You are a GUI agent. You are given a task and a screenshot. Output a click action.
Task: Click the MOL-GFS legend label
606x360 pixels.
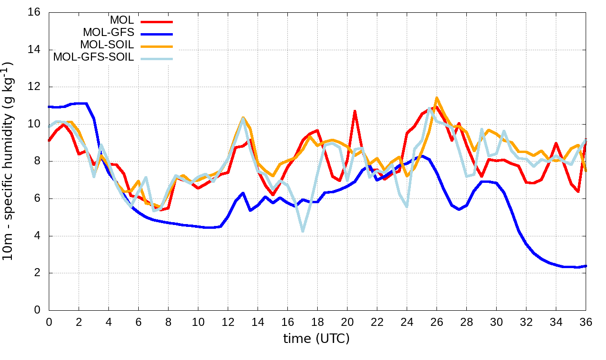(108, 33)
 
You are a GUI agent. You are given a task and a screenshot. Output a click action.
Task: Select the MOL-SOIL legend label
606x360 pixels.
(107, 45)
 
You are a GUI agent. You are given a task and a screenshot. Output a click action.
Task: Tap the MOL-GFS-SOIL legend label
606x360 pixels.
(94, 57)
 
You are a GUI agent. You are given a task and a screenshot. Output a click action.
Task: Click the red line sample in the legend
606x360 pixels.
(157, 21)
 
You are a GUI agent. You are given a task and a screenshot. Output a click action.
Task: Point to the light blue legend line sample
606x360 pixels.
(157, 59)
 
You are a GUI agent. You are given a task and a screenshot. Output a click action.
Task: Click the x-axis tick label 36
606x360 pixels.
(586, 322)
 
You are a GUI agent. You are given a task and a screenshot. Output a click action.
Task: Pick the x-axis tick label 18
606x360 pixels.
(317, 322)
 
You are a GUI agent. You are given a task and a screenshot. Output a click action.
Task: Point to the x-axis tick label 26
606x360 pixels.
(437, 322)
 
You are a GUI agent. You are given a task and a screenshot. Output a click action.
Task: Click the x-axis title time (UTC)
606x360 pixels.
(316, 339)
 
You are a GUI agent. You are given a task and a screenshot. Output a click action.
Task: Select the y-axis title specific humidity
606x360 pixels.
(10, 161)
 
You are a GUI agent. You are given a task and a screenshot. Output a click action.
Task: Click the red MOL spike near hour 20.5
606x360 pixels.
(355, 111)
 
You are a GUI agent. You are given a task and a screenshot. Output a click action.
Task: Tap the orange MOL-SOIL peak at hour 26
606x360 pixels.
(437, 98)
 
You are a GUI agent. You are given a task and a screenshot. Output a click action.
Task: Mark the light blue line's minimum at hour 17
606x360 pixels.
(303, 231)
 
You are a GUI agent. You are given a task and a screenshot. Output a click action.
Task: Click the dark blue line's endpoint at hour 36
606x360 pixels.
(586, 266)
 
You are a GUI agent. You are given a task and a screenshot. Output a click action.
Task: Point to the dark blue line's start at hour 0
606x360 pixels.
(49, 107)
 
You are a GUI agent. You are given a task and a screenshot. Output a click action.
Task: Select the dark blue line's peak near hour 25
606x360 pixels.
(422, 156)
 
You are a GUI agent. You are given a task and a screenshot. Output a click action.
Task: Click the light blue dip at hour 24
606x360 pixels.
(407, 207)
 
